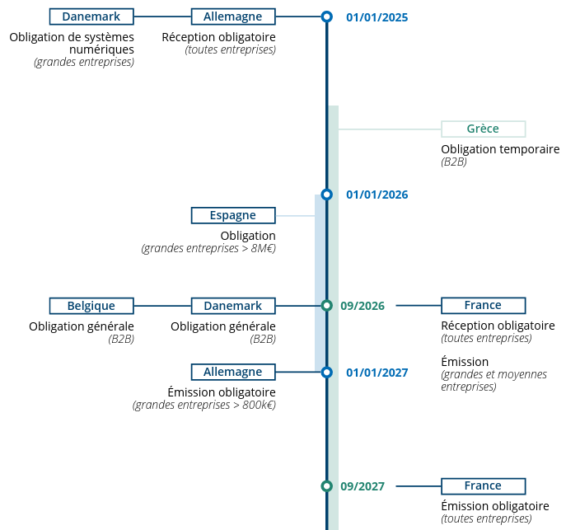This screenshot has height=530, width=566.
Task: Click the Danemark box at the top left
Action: (x=91, y=16)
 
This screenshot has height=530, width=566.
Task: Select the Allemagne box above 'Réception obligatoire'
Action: (x=233, y=16)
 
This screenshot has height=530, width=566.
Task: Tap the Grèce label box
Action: (x=483, y=129)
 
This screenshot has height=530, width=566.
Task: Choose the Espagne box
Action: (x=233, y=215)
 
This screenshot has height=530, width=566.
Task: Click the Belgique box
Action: (x=91, y=306)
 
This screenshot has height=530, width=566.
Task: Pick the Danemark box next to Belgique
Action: (x=233, y=306)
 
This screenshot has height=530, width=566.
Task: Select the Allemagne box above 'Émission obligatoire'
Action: (x=233, y=372)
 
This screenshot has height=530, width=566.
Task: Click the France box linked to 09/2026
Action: (x=483, y=305)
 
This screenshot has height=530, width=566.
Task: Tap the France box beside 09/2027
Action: (x=483, y=485)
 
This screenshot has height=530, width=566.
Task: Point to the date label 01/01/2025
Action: (x=377, y=17)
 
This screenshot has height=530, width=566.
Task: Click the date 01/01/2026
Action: (x=377, y=195)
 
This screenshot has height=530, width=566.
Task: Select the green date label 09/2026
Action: (x=363, y=306)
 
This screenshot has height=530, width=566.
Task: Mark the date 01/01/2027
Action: (x=377, y=373)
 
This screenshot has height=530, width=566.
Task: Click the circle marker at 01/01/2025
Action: (x=326, y=16)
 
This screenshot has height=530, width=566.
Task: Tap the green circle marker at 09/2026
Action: (x=326, y=306)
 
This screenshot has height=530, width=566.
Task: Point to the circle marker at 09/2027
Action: (x=326, y=485)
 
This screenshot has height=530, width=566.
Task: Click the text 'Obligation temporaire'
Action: (x=500, y=149)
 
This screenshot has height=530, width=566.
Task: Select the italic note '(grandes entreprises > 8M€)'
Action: (x=208, y=248)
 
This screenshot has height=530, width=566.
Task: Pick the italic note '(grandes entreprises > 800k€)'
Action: (x=204, y=405)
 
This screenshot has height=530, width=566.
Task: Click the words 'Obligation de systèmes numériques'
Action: (x=72, y=43)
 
